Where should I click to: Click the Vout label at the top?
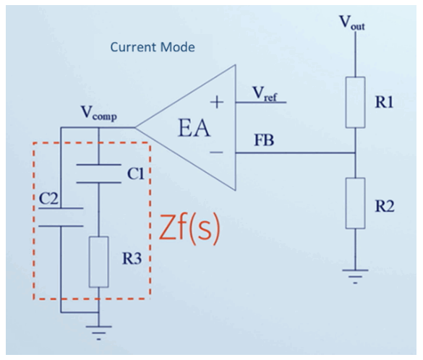(352, 22)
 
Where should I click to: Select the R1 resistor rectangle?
(355, 102)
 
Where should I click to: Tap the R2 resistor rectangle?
(355, 203)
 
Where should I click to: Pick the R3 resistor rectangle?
(99, 262)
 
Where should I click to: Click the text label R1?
(384, 102)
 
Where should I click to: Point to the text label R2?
(385, 207)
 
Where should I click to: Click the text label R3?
(132, 259)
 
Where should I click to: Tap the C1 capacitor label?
(136, 174)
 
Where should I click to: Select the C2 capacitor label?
(48, 199)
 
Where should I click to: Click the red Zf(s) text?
(189, 229)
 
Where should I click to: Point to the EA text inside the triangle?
(194, 129)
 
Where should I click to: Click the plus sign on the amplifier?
(217, 103)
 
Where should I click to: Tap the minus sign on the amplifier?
(217, 153)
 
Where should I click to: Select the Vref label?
(265, 94)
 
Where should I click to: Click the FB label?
(264, 140)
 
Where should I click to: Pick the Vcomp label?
(99, 113)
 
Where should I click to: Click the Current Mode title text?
(153, 47)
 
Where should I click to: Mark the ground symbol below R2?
(355, 276)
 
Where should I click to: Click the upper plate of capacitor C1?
(99, 164)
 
